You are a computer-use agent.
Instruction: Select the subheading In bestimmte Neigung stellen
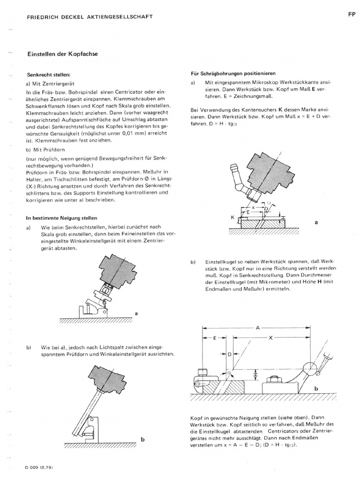click(62, 218)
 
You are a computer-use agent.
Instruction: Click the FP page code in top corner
click(352, 15)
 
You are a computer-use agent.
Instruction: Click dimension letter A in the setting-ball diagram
click(258, 329)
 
